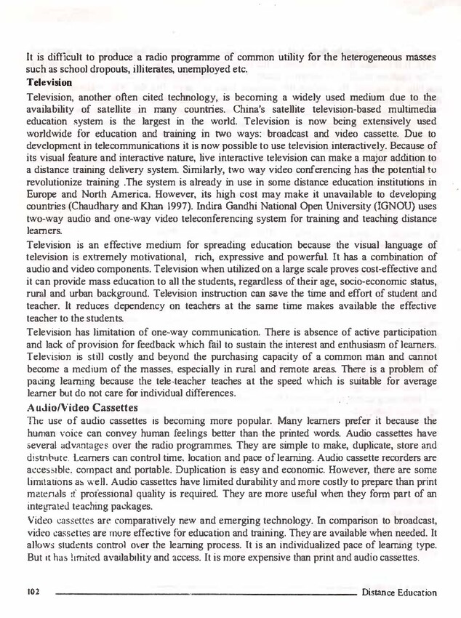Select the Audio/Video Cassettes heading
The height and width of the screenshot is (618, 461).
[x=81, y=407]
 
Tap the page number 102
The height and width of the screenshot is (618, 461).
[x=31, y=593]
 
